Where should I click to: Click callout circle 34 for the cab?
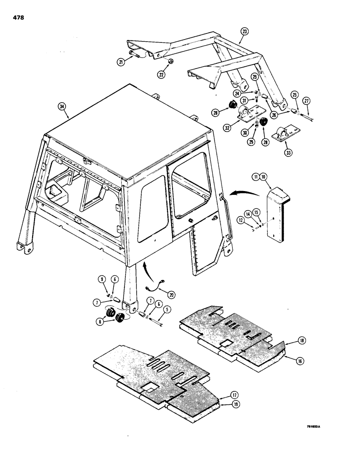(x=62, y=106)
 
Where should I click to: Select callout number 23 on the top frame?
(x=244, y=32)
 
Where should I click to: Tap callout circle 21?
(x=121, y=62)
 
